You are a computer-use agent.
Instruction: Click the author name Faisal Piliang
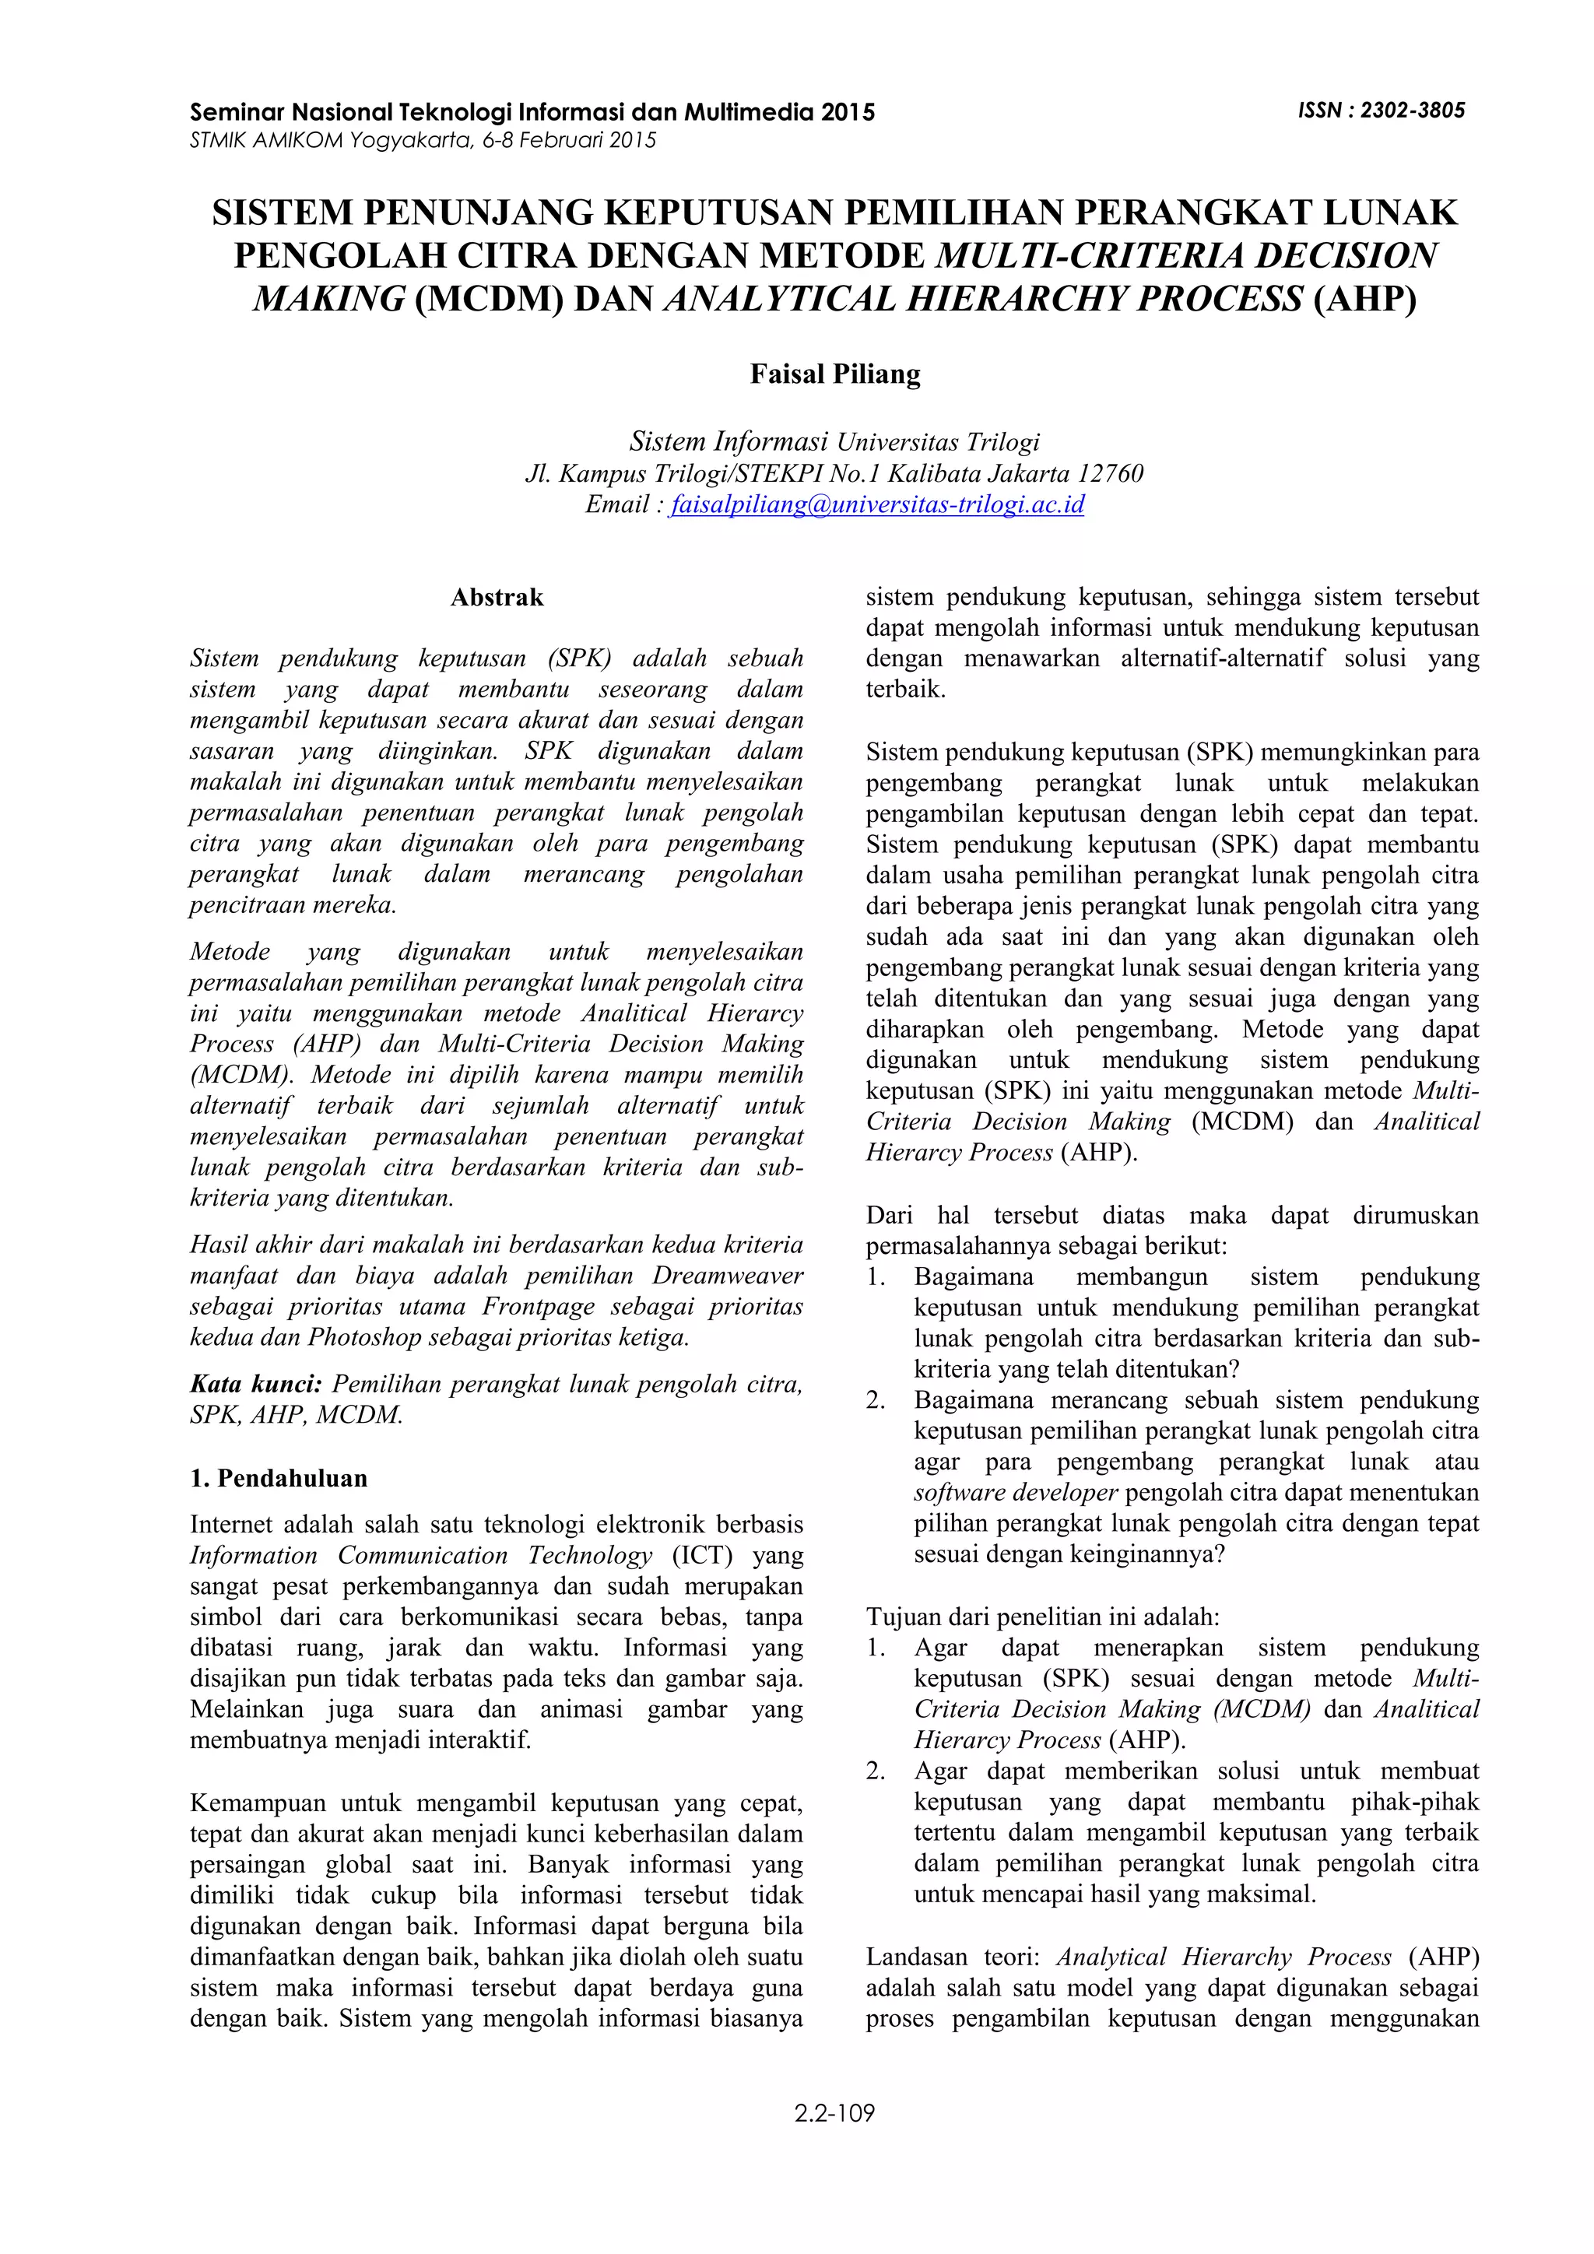click(x=835, y=374)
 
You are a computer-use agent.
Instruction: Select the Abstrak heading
click(x=497, y=597)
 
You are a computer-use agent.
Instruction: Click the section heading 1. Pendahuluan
click(x=279, y=1479)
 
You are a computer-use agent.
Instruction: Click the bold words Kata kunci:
click(x=255, y=1384)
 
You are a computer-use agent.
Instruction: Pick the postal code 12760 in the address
click(x=1110, y=474)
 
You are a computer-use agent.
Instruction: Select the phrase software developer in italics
click(x=1016, y=1492)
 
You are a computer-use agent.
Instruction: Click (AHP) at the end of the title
click(x=1364, y=298)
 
